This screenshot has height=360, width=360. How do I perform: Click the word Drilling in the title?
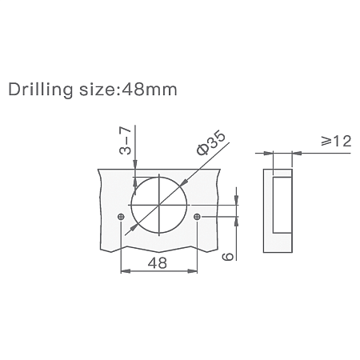(41, 90)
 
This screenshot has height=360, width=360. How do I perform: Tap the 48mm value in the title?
(150, 90)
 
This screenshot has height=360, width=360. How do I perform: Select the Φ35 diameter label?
(211, 142)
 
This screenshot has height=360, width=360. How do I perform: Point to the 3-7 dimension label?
(125, 141)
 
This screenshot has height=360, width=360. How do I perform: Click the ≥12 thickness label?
(336, 141)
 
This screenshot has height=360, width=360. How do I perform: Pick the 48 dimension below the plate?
(158, 263)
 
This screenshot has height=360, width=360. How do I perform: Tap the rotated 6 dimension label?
(228, 256)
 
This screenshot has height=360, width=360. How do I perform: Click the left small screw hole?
(121, 217)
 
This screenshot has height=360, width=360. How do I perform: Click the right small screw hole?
(197, 217)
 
